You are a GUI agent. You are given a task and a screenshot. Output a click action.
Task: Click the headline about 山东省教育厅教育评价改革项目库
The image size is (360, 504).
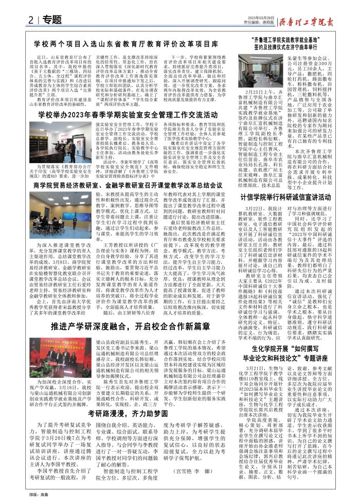tap(127, 45)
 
